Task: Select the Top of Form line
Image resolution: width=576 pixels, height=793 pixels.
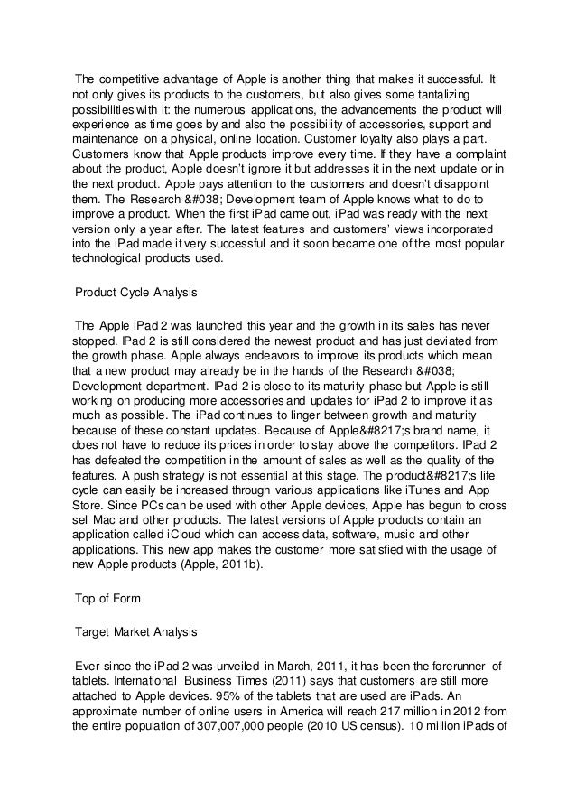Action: (x=104, y=597)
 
